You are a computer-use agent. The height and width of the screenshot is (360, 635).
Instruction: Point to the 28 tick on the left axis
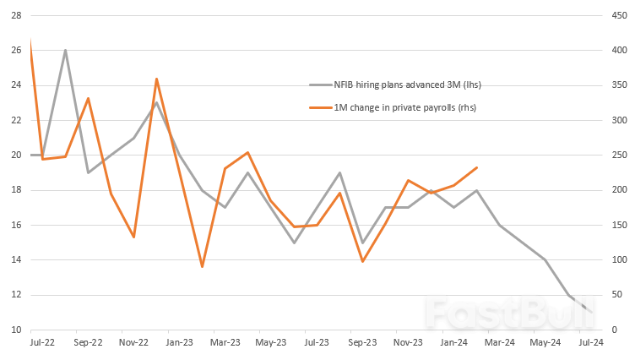(x=15, y=15)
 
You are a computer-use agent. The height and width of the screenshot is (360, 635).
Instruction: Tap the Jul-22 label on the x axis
(x=42, y=342)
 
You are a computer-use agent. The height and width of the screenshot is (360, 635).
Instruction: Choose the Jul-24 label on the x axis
(x=590, y=342)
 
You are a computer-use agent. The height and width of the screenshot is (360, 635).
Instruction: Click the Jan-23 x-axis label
(x=179, y=342)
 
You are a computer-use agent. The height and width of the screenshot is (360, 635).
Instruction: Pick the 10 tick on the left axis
(x=15, y=330)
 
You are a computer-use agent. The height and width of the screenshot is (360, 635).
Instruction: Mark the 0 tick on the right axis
(x=615, y=330)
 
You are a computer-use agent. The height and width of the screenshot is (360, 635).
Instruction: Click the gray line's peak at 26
(x=65, y=50)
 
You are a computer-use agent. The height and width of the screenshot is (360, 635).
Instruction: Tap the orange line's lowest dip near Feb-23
(x=202, y=267)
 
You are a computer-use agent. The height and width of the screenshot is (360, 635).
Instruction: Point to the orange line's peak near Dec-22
(x=156, y=79)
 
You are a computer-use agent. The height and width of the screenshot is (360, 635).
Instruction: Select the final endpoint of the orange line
(x=477, y=167)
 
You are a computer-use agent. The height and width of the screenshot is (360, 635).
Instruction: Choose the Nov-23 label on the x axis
(x=408, y=342)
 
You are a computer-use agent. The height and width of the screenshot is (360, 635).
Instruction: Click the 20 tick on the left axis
(x=15, y=155)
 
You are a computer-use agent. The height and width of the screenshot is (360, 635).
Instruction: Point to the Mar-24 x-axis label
(x=499, y=342)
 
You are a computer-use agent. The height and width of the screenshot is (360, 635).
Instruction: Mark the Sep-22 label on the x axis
(x=88, y=342)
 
